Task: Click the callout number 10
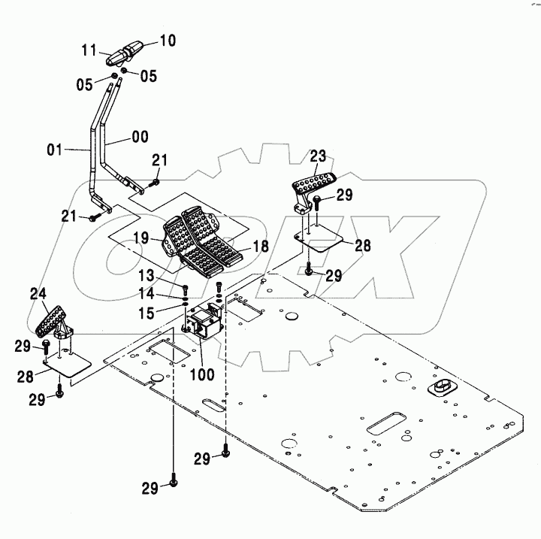tap(167, 40)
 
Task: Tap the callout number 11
tap(89, 50)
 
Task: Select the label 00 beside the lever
tap(139, 137)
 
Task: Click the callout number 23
tap(319, 156)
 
